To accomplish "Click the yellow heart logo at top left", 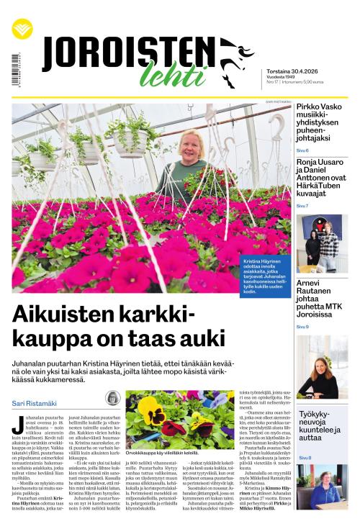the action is [22, 30].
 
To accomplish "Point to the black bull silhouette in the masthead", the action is [235, 60].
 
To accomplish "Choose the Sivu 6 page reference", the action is [302, 150].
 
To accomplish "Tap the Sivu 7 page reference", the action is [302, 206].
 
